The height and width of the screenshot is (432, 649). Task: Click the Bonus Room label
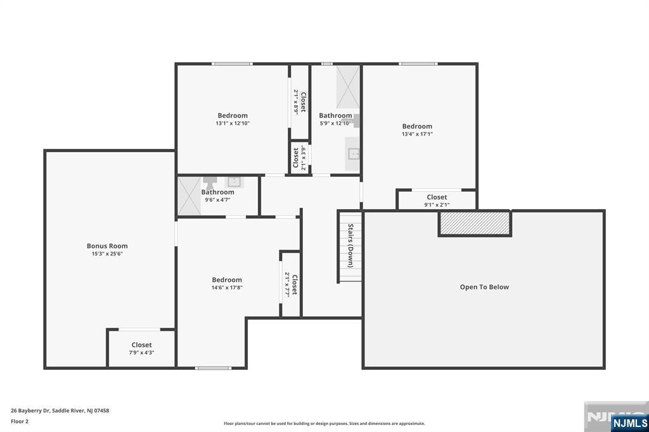click(107, 246)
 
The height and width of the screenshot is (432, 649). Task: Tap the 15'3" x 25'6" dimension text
click(107, 253)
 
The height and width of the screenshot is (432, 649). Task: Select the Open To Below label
click(484, 287)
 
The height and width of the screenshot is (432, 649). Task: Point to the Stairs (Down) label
click(350, 246)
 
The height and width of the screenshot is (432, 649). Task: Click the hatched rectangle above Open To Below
click(475, 223)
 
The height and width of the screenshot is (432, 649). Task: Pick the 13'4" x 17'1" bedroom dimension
click(417, 134)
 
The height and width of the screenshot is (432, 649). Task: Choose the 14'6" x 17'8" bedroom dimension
click(227, 287)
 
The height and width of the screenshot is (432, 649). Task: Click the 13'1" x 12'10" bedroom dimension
click(233, 123)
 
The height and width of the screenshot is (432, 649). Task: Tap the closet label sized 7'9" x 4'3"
click(141, 345)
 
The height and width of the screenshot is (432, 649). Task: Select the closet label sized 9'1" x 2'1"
click(437, 197)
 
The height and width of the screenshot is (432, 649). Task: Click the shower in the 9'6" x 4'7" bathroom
click(189, 196)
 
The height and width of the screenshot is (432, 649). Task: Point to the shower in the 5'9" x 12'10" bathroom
click(348, 87)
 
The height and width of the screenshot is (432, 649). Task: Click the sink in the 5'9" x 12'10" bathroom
click(353, 154)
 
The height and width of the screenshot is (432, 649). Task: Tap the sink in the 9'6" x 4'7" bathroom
click(234, 182)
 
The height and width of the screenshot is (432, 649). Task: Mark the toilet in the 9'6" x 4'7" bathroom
click(210, 182)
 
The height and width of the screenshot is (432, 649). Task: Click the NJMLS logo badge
click(629, 422)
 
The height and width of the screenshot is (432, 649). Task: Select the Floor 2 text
click(20, 421)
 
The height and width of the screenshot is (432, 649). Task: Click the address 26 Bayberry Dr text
click(30, 410)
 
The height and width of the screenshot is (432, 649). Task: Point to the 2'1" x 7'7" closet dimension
click(286, 284)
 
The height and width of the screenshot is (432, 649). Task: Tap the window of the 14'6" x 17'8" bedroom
click(213, 368)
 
